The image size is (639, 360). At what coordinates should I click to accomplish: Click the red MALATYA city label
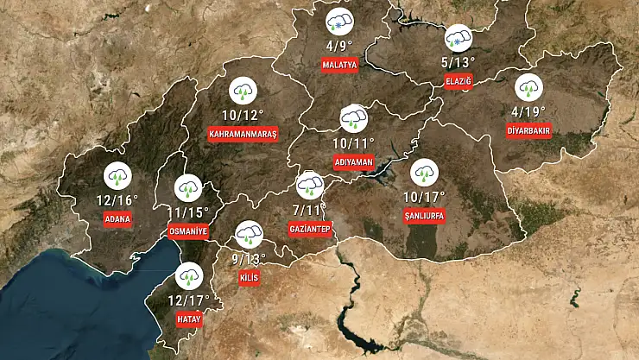click(x=339, y=65)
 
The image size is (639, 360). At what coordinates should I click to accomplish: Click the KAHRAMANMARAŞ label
click(x=243, y=134)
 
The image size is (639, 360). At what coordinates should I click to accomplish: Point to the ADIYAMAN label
click(x=352, y=161)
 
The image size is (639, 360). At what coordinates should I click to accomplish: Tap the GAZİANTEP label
click(x=310, y=229)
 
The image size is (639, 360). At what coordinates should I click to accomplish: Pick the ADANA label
click(x=118, y=218)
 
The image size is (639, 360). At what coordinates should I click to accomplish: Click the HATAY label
click(x=188, y=319)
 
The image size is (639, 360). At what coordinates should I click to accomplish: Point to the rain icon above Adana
click(x=118, y=176)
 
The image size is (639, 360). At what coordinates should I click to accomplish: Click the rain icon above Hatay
click(x=188, y=275)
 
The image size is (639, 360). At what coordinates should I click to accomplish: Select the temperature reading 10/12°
click(x=243, y=115)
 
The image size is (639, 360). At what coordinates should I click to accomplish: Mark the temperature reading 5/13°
click(x=457, y=61)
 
